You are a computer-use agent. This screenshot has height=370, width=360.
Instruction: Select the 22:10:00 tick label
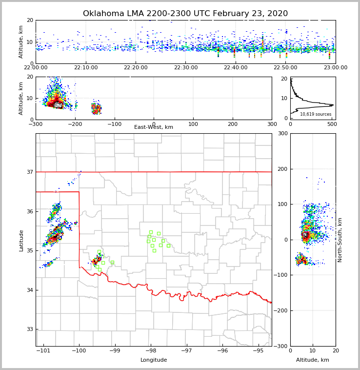(x=85, y=68)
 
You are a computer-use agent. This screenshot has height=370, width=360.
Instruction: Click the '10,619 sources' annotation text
(x=316, y=114)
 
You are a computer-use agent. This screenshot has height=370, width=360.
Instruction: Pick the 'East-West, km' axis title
(x=154, y=127)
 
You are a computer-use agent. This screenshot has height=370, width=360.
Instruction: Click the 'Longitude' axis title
(x=154, y=360)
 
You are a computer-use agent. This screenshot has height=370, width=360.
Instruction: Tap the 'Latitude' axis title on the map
(x=21, y=240)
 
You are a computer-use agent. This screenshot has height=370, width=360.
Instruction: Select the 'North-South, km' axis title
(x=340, y=240)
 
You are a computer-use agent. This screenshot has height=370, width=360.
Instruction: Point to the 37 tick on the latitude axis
(x=30, y=172)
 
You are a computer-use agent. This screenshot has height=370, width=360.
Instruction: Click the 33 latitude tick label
(x=30, y=329)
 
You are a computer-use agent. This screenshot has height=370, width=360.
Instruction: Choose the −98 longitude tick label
(x=150, y=351)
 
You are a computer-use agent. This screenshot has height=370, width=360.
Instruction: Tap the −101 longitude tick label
(x=43, y=351)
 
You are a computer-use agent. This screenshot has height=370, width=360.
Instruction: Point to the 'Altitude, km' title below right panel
(x=313, y=360)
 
